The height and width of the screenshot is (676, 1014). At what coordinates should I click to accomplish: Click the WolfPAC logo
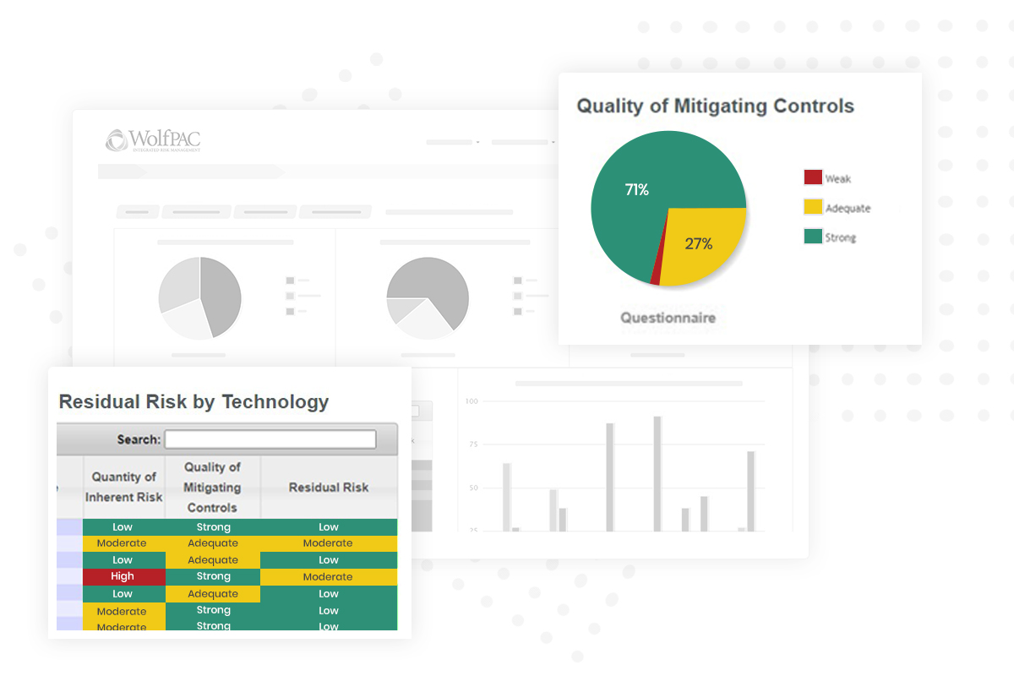[x=153, y=140]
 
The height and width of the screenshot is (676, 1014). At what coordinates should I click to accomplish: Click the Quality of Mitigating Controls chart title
[x=715, y=106]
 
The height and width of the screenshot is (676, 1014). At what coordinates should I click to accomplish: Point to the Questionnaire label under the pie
[x=668, y=318]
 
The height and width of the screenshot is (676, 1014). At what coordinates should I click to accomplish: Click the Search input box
[x=270, y=439]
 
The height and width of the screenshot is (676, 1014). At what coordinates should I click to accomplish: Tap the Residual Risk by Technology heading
[x=194, y=402]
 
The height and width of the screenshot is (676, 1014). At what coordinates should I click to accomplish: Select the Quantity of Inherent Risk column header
[x=123, y=487]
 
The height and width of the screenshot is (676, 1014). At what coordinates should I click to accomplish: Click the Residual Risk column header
[x=329, y=488]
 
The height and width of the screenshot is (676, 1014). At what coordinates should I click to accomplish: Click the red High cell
[x=123, y=576]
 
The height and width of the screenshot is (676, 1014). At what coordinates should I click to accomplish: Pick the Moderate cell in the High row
[x=328, y=576]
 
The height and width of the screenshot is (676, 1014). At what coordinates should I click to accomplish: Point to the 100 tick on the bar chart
[x=472, y=401]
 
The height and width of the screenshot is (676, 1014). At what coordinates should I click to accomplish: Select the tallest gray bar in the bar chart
[x=657, y=473]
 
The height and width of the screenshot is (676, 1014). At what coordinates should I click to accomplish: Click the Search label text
[x=139, y=439]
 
